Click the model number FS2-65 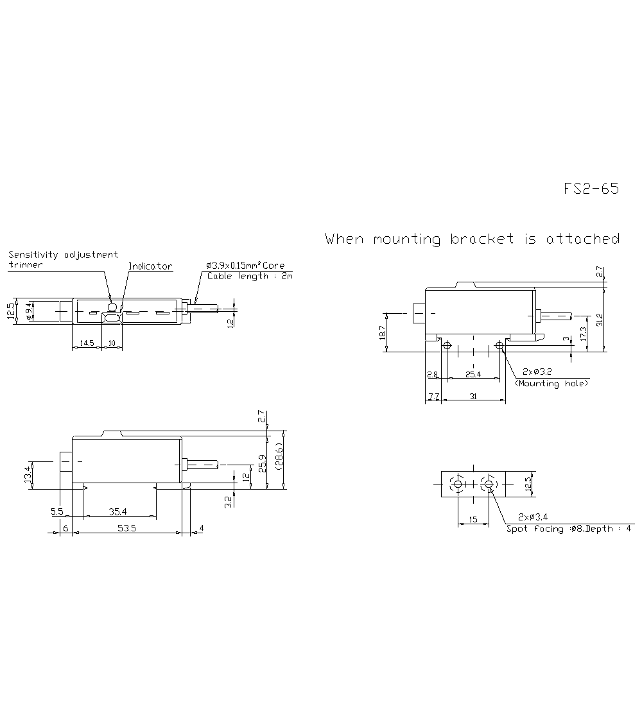point(591,189)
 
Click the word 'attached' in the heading point(582,239)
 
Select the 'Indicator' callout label point(150,266)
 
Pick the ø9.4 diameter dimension point(29,313)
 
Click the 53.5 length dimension point(126,528)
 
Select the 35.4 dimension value point(118,512)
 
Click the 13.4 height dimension point(28,476)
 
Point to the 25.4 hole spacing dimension point(473,374)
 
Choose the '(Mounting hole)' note point(551,383)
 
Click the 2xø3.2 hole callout point(537,372)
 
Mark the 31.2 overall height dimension point(600,320)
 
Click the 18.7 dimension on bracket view point(383,332)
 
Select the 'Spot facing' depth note point(569,529)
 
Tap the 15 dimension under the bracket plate point(473,520)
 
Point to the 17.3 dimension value point(583,334)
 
